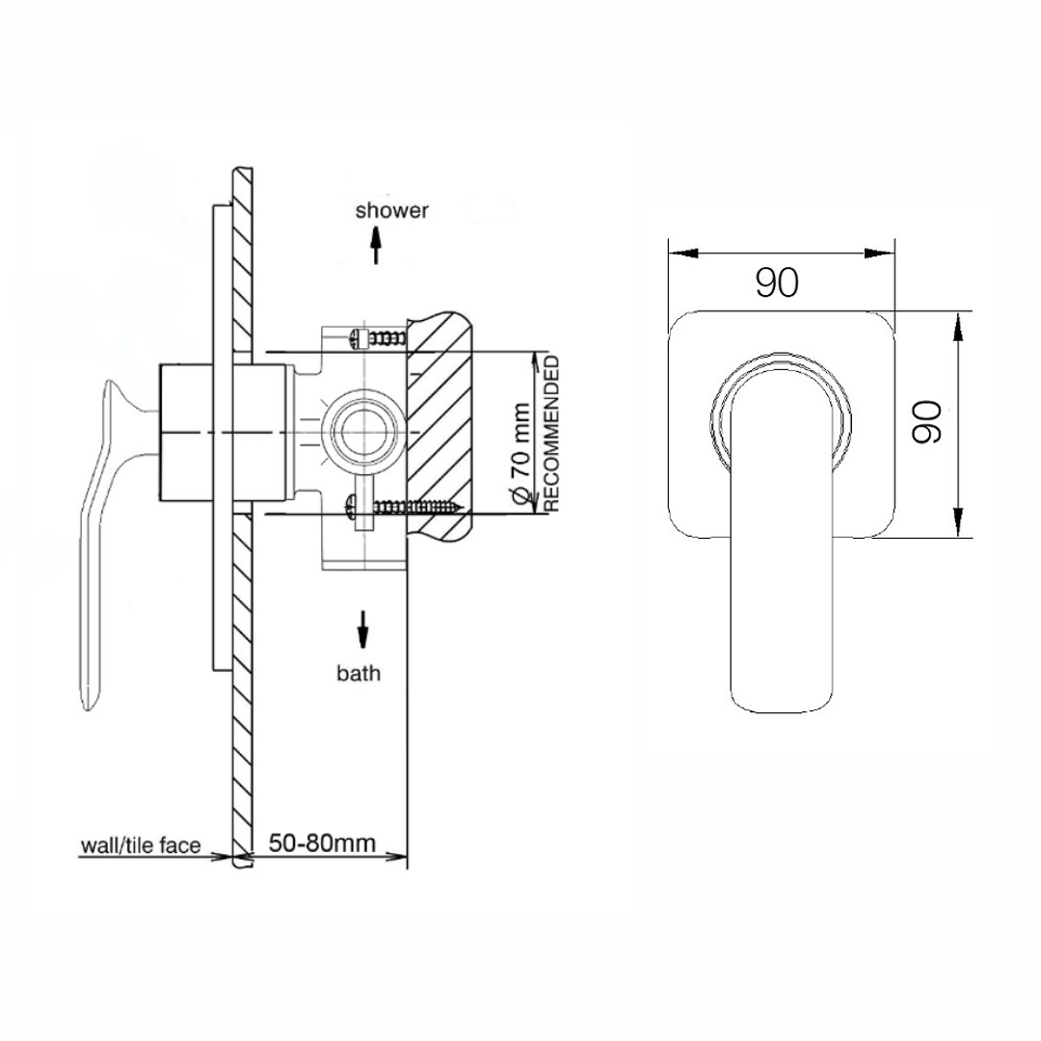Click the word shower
(391, 210)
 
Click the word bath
(359, 673)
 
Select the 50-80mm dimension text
(321, 843)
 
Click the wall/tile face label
(140, 846)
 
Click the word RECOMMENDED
(552, 433)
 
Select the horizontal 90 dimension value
(777, 283)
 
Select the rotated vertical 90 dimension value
(926, 423)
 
